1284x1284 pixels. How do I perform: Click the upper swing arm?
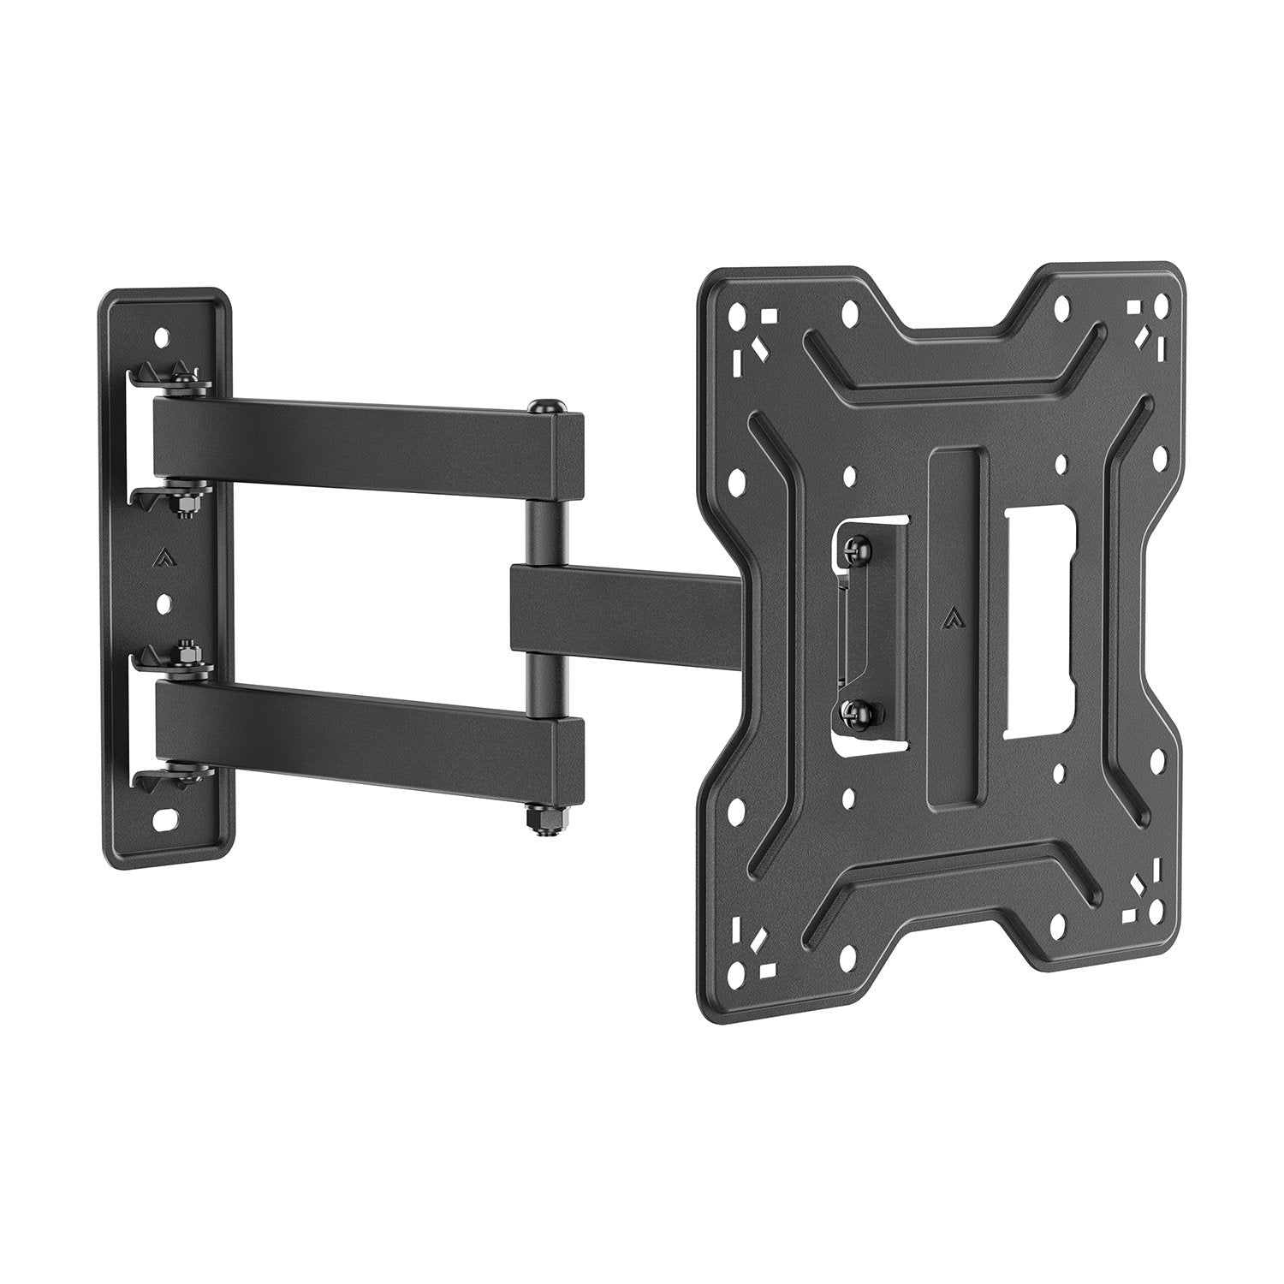(x=360, y=445)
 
